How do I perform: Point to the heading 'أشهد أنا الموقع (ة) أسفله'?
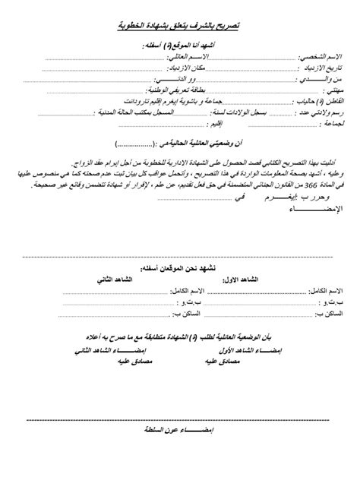pos(183,46)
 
